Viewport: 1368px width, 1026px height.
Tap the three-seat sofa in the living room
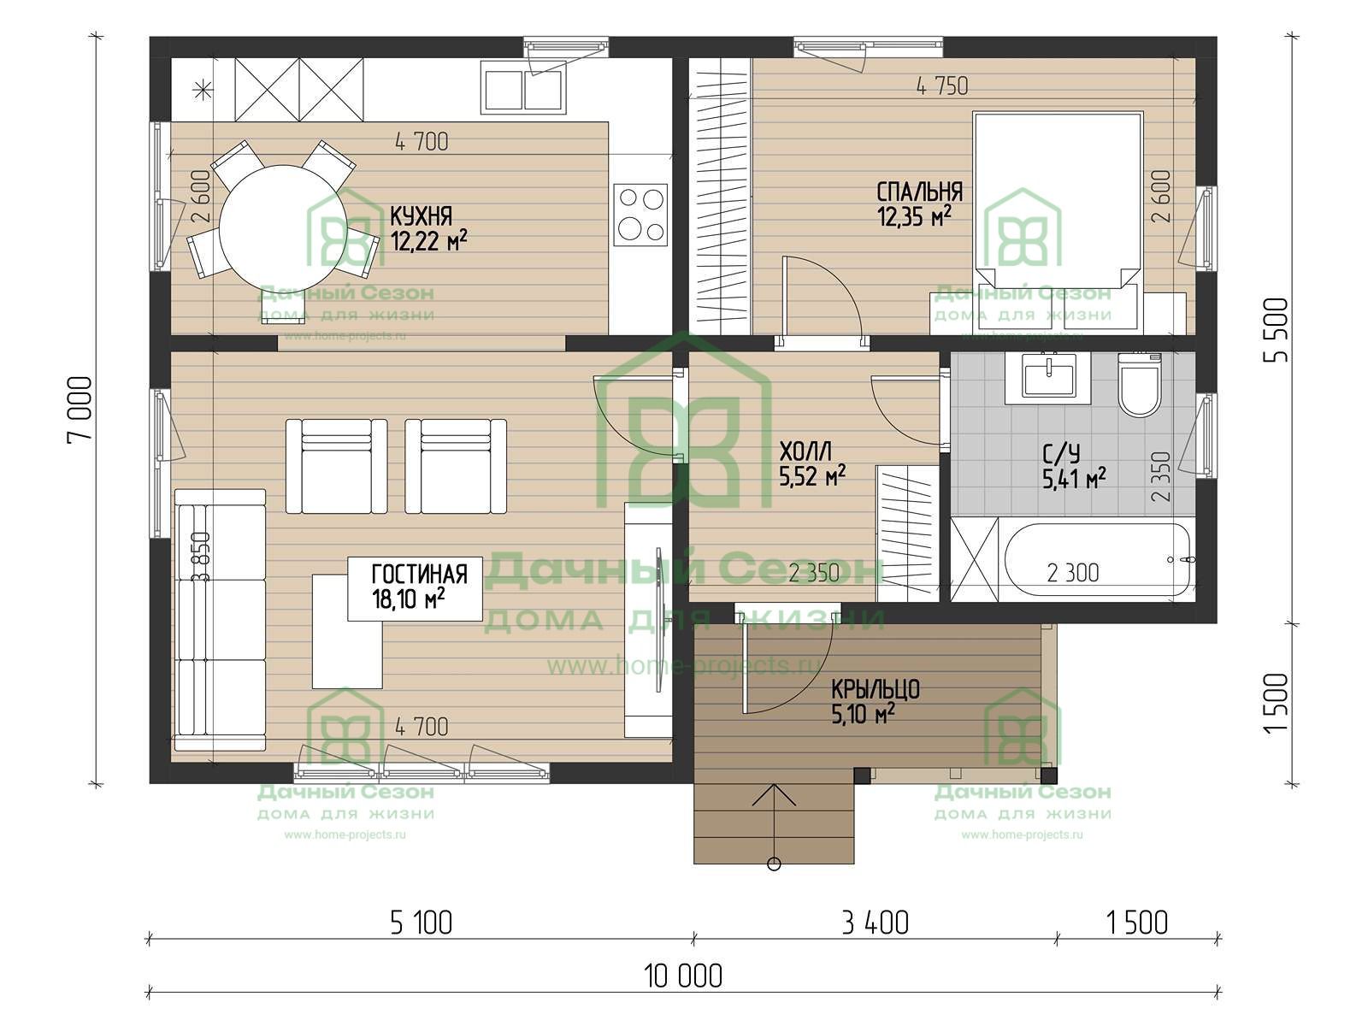pyautogui.click(x=221, y=621)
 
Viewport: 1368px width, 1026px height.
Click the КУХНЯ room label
pyautogui.click(x=421, y=216)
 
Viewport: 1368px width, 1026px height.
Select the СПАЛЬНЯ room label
pyautogui.click(x=920, y=192)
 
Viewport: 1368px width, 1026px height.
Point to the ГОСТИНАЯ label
pyautogui.click(x=420, y=574)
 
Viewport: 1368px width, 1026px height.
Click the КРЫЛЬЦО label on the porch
pyautogui.click(x=876, y=690)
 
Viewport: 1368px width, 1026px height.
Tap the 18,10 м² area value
pyautogui.click(x=408, y=599)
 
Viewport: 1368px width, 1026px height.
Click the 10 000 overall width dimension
pyautogui.click(x=683, y=976)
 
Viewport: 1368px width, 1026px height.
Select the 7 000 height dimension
pyautogui.click(x=80, y=408)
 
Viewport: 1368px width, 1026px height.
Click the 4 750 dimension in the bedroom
pyautogui.click(x=942, y=86)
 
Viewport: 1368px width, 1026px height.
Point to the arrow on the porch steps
pyautogui.click(x=774, y=827)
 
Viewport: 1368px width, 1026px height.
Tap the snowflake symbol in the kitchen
pyautogui.click(x=201, y=90)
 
